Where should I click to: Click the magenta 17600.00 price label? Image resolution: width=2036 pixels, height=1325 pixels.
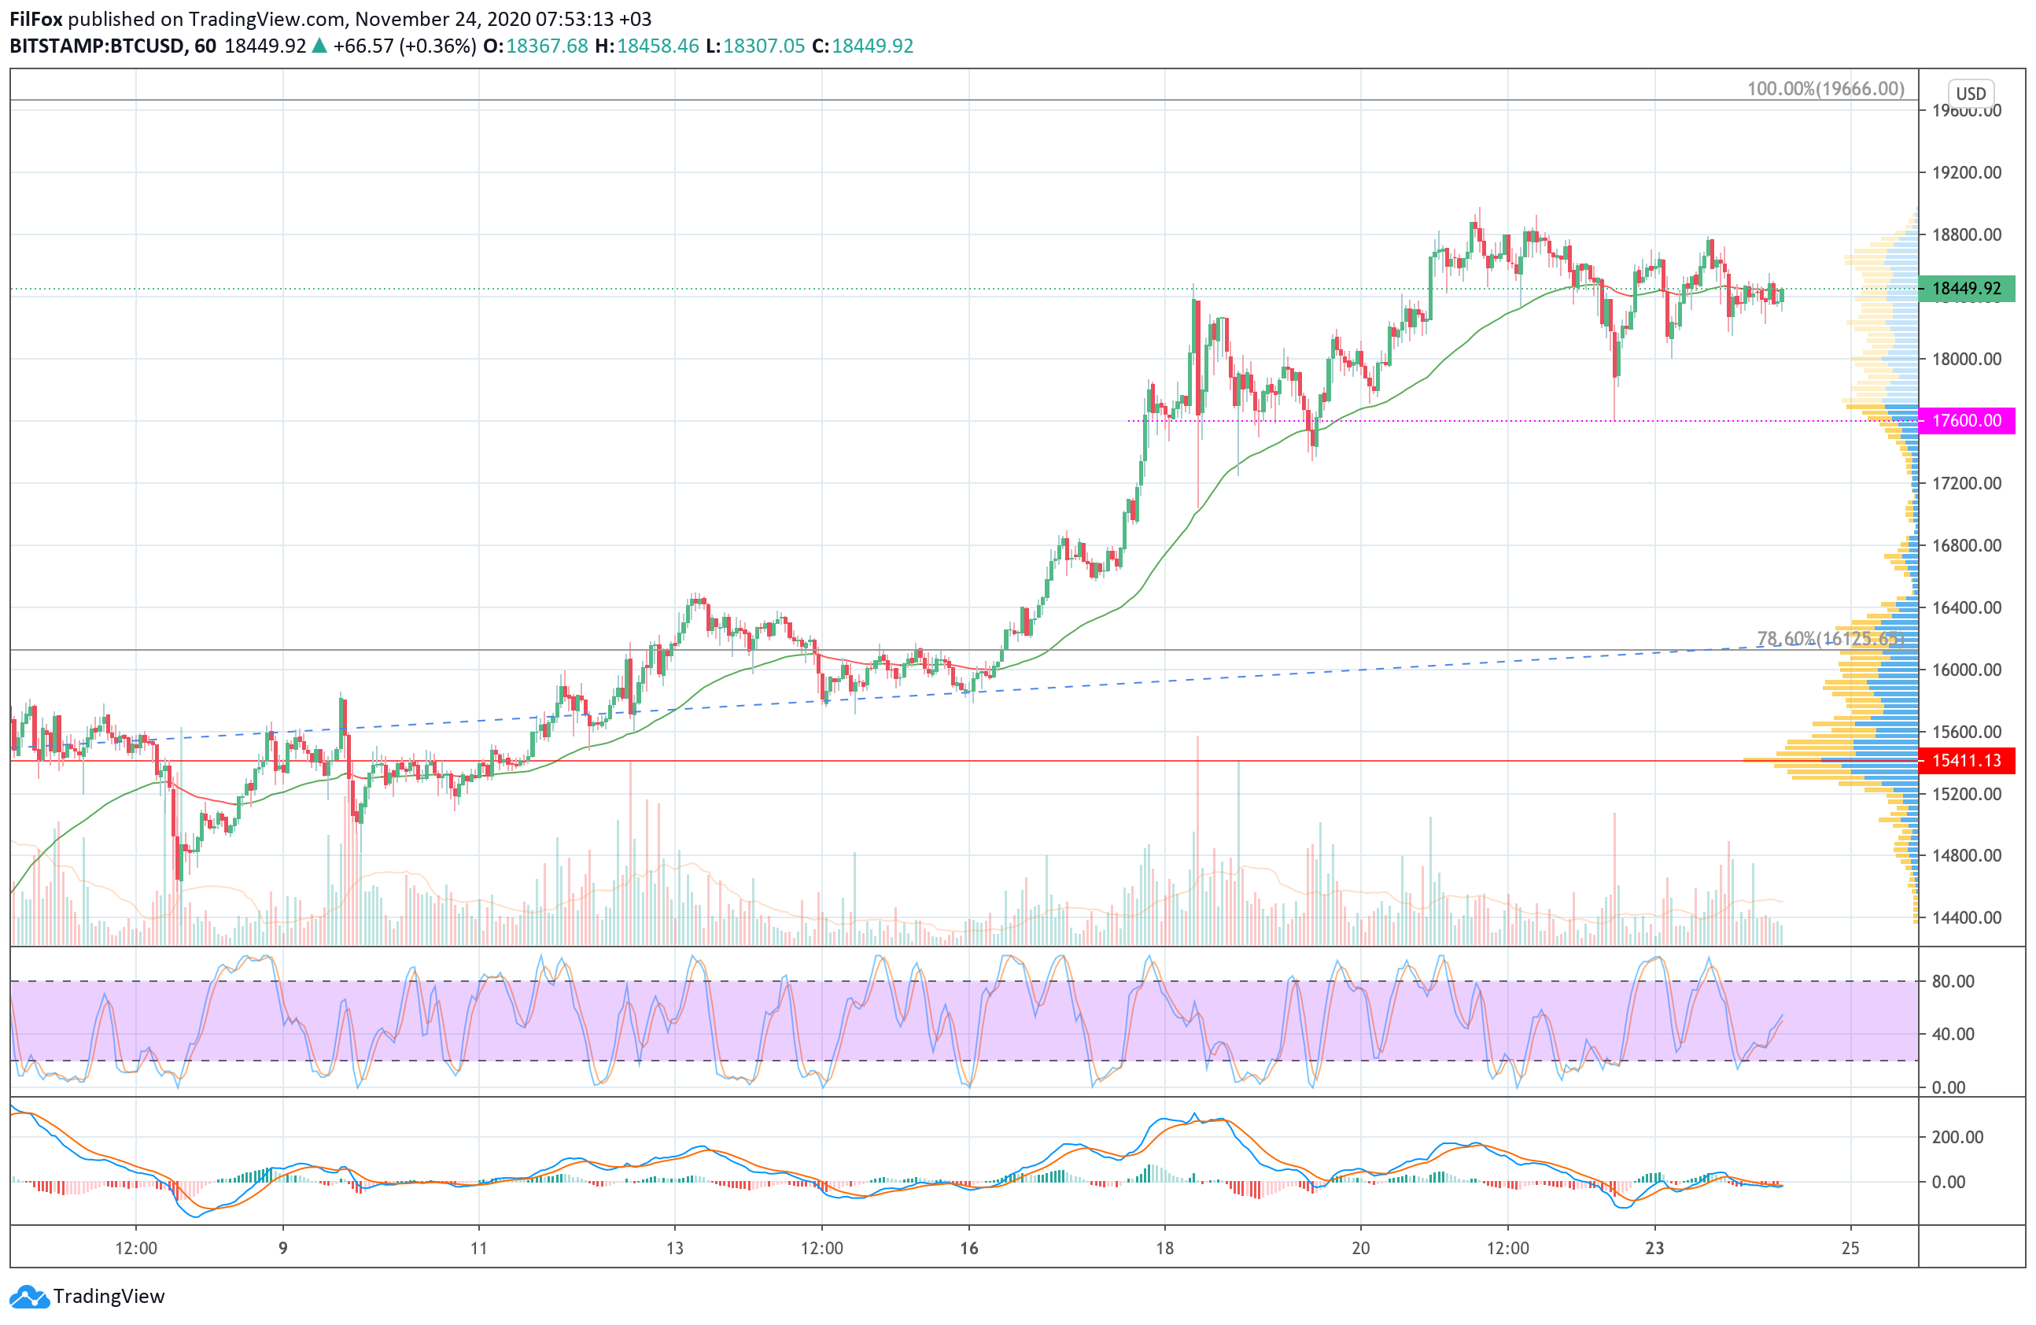(1966, 421)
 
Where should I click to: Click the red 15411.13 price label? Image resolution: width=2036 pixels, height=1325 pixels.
(1966, 760)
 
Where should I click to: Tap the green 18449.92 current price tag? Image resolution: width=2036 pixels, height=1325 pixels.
(1966, 289)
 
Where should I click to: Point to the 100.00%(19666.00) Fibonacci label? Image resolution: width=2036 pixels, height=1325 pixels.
(1826, 89)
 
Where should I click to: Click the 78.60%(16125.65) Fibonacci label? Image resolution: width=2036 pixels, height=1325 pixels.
(1830, 639)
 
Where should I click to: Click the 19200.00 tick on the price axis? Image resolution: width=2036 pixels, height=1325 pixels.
(1967, 173)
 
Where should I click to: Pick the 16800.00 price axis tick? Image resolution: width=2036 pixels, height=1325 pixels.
(1967, 546)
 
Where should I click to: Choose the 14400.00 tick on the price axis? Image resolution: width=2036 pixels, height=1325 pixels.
(1967, 918)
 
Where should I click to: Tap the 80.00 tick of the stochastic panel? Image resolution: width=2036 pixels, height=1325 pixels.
(1953, 981)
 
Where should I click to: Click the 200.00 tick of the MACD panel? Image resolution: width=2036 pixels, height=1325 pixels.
(1957, 1138)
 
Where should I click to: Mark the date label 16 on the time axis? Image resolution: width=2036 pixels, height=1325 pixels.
(968, 1248)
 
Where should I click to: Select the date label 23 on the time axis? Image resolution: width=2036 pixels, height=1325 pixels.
(1654, 1248)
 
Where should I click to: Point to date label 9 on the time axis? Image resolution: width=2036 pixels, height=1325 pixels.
(283, 1248)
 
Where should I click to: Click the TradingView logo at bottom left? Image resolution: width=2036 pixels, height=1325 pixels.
(88, 1297)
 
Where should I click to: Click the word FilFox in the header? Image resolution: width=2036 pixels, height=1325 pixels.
(36, 19)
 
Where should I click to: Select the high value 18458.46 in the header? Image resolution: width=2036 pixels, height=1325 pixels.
(658, 46)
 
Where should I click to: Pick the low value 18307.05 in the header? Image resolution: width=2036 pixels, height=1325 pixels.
(764, 46)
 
